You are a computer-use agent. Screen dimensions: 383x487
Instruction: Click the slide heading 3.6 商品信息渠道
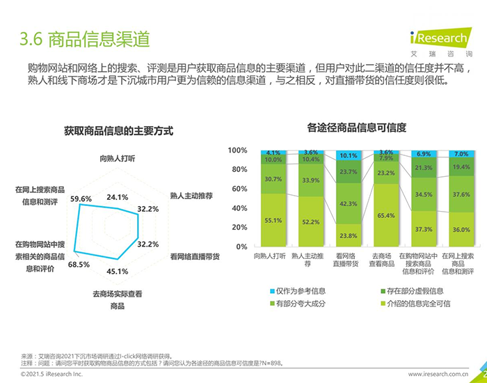coord(85,38)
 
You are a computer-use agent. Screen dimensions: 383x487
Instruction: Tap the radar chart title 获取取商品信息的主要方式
coord(118,131)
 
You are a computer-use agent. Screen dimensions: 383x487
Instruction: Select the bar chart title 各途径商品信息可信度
coord(356,128)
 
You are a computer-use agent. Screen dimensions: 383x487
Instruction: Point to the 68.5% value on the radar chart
coord(79,265)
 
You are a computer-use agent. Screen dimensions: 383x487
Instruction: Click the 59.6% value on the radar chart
coord(81,199)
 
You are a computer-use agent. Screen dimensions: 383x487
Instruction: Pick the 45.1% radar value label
coord(117,272)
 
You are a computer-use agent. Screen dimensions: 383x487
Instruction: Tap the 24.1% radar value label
coord(117,198)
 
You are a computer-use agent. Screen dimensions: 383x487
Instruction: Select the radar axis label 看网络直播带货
coord(195,256)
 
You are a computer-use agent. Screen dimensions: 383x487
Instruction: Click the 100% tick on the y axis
coord(238,150)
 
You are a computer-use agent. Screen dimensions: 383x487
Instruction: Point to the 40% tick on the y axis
coord(240,208)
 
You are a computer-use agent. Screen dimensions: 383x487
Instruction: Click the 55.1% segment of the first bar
coord(273,221)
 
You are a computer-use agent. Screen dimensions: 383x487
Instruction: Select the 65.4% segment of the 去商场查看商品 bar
coord(386,216)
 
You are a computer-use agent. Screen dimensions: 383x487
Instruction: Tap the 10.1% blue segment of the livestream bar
coord(349,156)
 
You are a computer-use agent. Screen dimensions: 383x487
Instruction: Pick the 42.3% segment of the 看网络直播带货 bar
coord(349,204)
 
